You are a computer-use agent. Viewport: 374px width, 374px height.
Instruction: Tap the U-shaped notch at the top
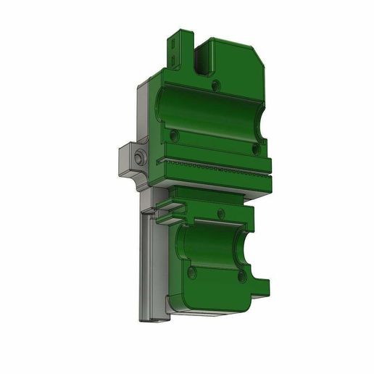pos(202,54)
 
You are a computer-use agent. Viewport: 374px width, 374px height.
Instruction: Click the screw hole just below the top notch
pos(217,86)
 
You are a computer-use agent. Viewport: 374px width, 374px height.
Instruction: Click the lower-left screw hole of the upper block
pos(174,136)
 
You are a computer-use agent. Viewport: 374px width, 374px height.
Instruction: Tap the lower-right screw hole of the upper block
pos(254,148)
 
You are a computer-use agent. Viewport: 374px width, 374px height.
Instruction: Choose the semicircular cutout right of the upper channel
pos(259,116)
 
